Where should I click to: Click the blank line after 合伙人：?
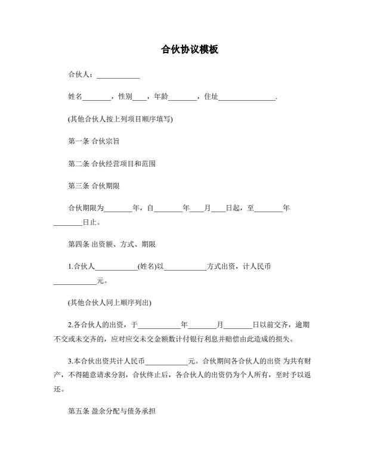(118, 75)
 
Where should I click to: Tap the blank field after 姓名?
(96, 97)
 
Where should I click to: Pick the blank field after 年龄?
(182, 97)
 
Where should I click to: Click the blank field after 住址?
(247, 97)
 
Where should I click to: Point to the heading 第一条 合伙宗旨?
(95, 141)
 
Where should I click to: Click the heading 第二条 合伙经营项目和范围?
(112, 163)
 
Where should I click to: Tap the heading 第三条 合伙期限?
(94, 185)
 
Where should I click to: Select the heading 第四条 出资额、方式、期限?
(112, 244)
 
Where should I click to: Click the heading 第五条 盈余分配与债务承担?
(112, 411)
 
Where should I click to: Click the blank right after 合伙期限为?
(118, 208)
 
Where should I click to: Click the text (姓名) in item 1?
(147, 266)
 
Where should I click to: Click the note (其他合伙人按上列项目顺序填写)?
(120, 119)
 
